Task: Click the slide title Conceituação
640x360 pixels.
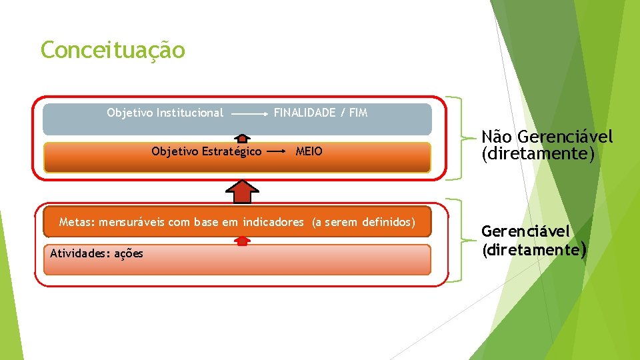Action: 113,50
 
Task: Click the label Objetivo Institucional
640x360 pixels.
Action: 165,113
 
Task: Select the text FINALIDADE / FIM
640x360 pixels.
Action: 320,113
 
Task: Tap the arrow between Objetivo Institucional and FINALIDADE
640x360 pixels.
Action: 248,114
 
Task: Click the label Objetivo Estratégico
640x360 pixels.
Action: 206,151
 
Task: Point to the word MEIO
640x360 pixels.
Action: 309,151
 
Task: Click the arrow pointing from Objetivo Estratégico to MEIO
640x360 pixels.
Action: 277,152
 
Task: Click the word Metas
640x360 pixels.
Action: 75,222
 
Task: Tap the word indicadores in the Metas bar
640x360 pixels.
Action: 273,222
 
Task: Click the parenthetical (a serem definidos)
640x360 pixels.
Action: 363,222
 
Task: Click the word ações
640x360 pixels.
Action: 129,253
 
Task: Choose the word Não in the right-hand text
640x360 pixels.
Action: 497,137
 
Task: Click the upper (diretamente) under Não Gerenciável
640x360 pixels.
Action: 537,155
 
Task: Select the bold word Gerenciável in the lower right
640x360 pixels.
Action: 526,231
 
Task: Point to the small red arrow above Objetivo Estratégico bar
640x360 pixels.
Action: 243,139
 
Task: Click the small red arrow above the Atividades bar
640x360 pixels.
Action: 242,241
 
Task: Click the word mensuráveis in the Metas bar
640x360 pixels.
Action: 133,222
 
